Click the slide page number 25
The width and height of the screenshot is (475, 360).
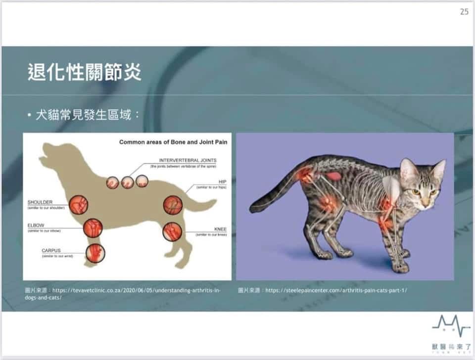pos(464,12)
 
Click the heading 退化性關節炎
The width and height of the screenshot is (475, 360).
pos(85,72)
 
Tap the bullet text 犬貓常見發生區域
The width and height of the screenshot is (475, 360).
pos(87,116)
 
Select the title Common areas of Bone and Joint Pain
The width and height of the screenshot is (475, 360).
pos(173,142)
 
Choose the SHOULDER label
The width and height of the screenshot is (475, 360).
pos(40,202)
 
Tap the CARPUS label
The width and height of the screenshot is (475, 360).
pos(51,251)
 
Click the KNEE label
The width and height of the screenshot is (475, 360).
pos(220,229)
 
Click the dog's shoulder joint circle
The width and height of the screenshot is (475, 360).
pos(78,205)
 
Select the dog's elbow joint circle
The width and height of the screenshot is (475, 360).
pos(93,228)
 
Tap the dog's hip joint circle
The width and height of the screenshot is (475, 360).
pos(173,205)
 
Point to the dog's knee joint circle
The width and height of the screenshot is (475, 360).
pos(172,230)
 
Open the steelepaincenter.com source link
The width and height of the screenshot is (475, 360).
pos(336,290)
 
